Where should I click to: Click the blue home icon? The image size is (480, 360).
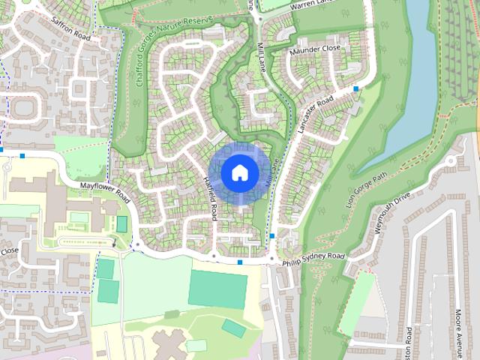pyautogui.click(x=239, y=172)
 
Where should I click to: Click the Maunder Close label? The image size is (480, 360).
pyautogui.click(x=314, y=49)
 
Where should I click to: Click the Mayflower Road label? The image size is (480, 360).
pyautogui.click(x=106, y=192)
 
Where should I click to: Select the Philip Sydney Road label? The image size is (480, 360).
pyautogui.click(x=313, y=259)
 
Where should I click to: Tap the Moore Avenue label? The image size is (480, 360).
pyautogui.click(x=458, y=327)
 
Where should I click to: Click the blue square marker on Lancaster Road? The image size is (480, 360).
pyautogui.click(x=355, y=88)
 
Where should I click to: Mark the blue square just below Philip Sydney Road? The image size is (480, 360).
pyautogui.click(x=239, y=262)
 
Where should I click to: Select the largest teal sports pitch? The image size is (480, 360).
pyautogui.click(x=217, y=289)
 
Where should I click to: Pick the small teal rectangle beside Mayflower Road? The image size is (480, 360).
pyautogui.click(x=121, y=223)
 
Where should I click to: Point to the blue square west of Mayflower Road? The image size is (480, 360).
pyautogui.click(x=23, y=155)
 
